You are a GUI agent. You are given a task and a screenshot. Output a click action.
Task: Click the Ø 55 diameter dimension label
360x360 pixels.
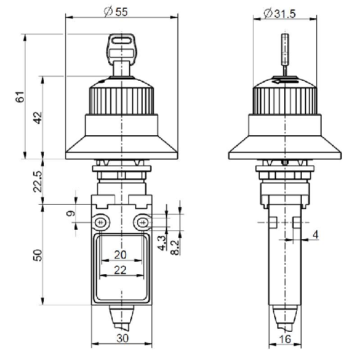click(x=115, y=12)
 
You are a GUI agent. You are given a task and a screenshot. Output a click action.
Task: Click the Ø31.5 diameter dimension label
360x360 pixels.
click(x=279, y=14)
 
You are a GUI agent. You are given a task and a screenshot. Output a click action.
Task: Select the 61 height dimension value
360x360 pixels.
click(x=20, y=96)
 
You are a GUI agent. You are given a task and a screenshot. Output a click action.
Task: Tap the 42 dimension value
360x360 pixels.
click(x=38, y=118)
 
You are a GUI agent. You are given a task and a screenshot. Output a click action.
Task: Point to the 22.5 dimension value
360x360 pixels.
click(x=38, y=182)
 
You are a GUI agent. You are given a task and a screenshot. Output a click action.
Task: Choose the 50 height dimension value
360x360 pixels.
click(x=38, y=255)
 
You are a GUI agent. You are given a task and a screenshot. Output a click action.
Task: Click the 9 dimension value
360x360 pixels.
click(x=71, y=213)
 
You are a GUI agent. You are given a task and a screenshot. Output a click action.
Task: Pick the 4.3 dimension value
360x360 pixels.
click(x=162, y=243)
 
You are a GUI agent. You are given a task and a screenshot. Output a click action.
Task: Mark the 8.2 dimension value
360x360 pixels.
click(x=175, y=247)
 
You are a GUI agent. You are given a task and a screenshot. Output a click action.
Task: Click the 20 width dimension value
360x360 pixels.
click(x=120, y=255)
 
